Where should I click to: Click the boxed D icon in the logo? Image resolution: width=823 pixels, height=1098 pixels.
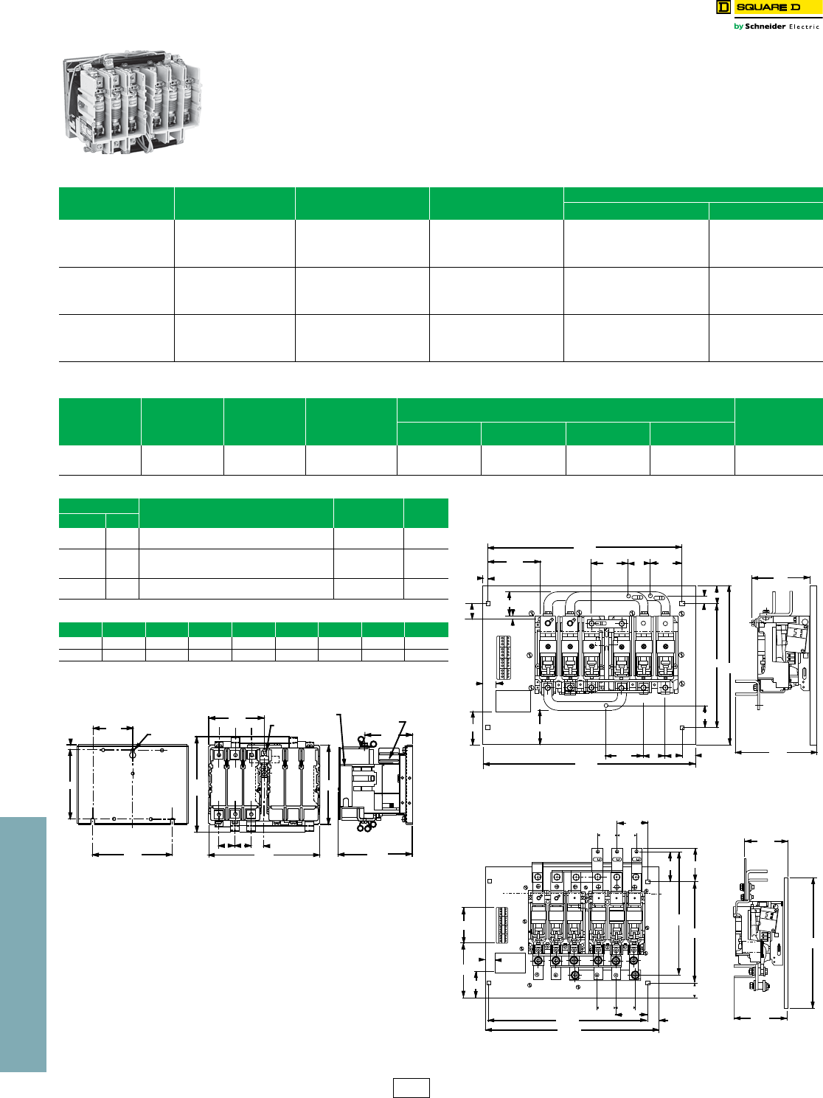[x=723, y=7]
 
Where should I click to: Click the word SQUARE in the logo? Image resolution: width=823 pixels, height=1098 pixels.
[x=754, y=7]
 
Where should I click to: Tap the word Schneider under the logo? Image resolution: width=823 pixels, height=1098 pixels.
[x=765, y=26]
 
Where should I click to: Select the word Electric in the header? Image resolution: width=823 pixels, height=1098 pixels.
[x=804, y=27]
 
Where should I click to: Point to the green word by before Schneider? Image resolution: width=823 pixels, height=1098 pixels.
[x=738, y=27]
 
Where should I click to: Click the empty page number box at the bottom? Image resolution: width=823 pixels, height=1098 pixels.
[x=411, y=1088]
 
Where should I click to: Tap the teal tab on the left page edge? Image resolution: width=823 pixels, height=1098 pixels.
[x=23, y=945]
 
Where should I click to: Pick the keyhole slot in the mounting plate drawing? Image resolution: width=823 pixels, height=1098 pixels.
[x=133, y=754]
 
